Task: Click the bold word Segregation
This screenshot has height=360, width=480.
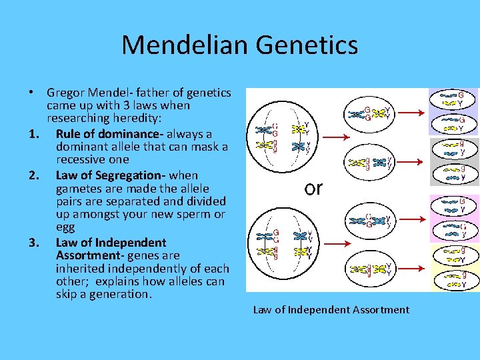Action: point(132,175)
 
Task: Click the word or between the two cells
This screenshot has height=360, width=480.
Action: point(313,188)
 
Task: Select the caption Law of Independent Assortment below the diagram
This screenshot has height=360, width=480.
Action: point(331,309)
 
